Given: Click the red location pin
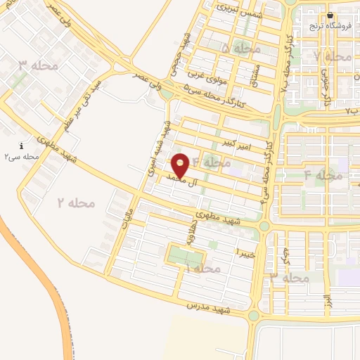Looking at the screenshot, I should [x=181, y=165].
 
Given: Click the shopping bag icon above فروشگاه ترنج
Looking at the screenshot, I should [x=330, y=15].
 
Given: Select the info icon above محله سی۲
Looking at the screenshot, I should [x=20, y=146].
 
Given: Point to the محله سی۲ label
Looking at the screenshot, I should [x=21, y=157].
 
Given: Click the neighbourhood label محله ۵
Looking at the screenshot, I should [x=240, y=49].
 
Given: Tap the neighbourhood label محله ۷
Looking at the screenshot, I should [x=333, y=56].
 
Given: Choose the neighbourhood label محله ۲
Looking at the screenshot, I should [x=75, y=202].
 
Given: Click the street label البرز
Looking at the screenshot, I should [x=327, y=302].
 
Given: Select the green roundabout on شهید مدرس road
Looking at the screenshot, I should [x=253, y=316].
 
